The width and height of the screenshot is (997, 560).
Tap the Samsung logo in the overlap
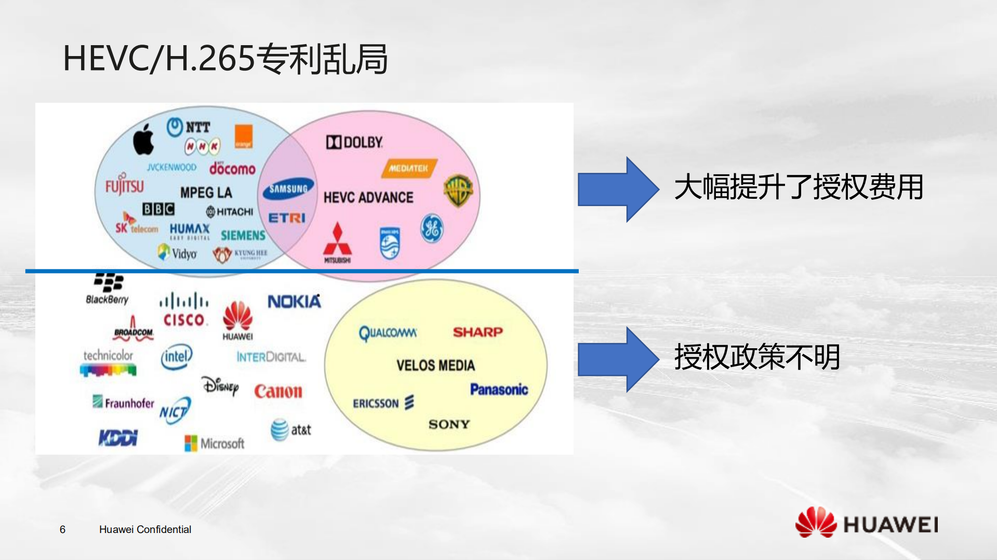[288, 189]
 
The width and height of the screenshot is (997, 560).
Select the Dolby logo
[354, 142]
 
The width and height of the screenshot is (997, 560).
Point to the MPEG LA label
[206, 193]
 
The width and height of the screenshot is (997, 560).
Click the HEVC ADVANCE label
[368, 197]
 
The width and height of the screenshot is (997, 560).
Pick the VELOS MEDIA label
[435, 365]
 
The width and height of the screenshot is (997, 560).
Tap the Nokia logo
[294, 302]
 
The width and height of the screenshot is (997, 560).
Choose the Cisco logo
[184, 310]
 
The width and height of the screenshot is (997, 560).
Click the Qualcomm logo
[388, 333]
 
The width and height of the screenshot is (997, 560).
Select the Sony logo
[449, 425]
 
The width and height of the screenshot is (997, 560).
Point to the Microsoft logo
[214, 443]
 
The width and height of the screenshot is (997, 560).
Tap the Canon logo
[278, 391]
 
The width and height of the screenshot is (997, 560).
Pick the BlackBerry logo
[108, 289]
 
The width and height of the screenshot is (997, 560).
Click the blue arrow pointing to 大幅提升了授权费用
[617, 189]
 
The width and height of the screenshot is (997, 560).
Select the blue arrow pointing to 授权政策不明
[617, 359]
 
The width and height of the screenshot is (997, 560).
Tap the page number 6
[62, 529]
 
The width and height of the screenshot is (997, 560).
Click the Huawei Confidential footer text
[145, 529]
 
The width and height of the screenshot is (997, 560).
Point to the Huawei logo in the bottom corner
[866, 523]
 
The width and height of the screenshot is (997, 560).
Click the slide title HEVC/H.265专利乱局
[225, 58]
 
